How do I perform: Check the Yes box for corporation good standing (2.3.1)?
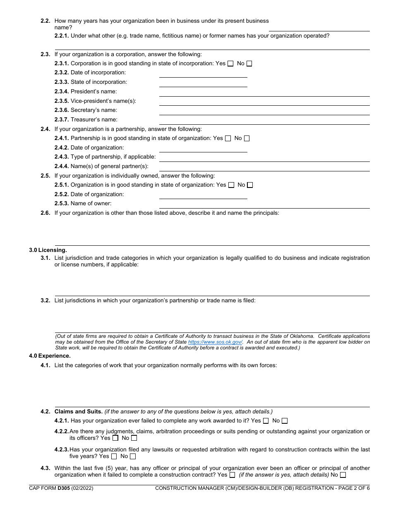[x=230, y=64]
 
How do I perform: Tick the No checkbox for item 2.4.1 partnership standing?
[x=247, y=138]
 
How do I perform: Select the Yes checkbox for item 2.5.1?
[x=231, y=185]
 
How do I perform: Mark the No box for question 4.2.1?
[x=285, y=421]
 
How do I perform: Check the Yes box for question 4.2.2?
[x=115, y=438]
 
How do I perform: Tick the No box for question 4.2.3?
[x=133, y=456]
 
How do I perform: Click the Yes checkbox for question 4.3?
[x=232, y=475]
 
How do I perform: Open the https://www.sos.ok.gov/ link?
[x=215, y=342]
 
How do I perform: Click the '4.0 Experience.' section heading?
[x=50, y=356]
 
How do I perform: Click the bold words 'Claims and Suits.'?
[x=78, y=411]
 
